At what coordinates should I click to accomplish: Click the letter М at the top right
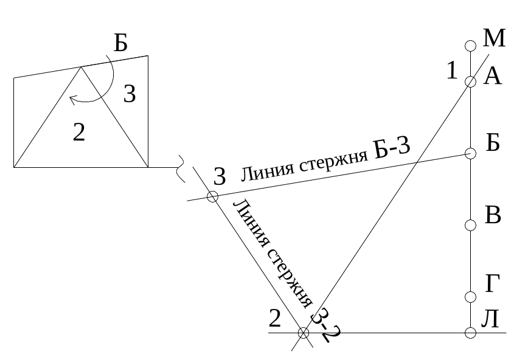tap(494, 38)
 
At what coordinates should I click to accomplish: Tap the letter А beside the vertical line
tap(492, 77)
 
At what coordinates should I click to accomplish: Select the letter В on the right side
tap(493, 216)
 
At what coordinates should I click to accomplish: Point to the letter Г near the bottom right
tap(493, 284)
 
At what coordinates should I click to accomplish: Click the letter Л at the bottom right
tap(491, 319)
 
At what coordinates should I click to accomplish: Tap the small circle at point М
tap(470, 46)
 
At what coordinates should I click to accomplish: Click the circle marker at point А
tap(470, 81)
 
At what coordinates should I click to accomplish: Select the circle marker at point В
tap(470, 226)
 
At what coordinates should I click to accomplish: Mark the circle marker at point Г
tap(470, 297)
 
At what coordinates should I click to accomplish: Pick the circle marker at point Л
tap(470, 333)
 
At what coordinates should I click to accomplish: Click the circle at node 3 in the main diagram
tap(212, 196)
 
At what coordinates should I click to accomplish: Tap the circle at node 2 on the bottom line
tap(303, 333)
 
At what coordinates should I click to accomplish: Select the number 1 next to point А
tap(451, 71)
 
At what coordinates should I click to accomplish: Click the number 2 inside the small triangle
tap(78, 132)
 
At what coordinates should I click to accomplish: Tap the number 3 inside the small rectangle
tap(129, 94)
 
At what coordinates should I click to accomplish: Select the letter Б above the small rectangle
tap(120, 44)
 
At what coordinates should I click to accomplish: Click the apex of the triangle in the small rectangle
tap(80, 67)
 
